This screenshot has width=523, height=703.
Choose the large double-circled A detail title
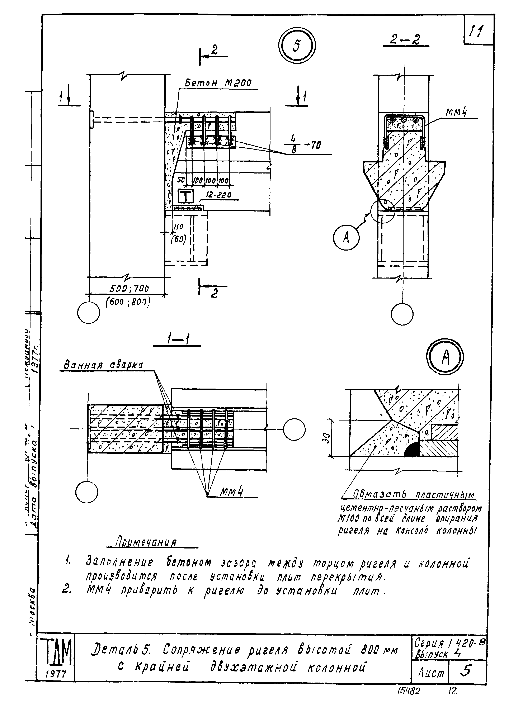click(x=445, y=357)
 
